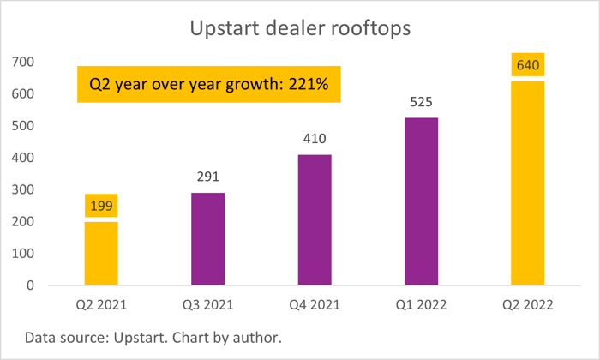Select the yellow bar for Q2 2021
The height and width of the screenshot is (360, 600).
pyautogui.click(x=101, y=253)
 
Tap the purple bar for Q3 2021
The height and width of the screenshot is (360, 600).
pyautogui.click(x=207, y=239)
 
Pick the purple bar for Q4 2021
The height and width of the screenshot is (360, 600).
pyautogui.click(x=315, y=219)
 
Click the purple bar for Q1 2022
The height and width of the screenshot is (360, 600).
pyautogui.click(x=421, y=201)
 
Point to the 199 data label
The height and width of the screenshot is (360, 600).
pyautogui.click(x=101, y=206)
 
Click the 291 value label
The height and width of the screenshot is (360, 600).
pyautogui.click(x=207, y=177)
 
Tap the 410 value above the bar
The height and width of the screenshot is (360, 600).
pyautogui.click(x=315, y=139)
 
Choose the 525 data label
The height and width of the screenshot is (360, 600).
pyautogui.click(x=421, y=102)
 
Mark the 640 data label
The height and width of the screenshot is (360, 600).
pyautogui.click(x=528, y=65)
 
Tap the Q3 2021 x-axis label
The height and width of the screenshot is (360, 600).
pyautogui.click(x=207, y=305)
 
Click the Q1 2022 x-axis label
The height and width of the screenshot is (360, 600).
pyautogui.click(x=421, y=305)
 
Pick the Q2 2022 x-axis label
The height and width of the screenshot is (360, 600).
pyautogui.click(x=528, y=305)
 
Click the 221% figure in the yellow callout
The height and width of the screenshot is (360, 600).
pyautogui.click(x=311, y=85)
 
